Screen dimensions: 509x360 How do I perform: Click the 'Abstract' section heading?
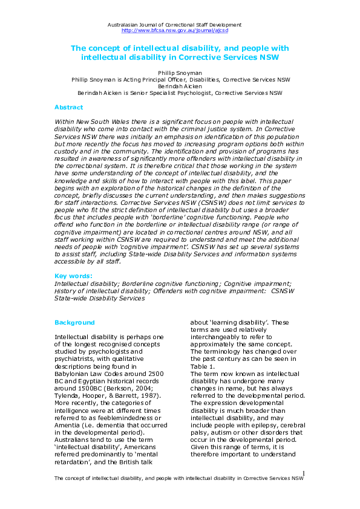(68, 107)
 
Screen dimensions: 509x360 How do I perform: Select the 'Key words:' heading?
(73, 275)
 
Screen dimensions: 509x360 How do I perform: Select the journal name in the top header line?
(174, 24)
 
